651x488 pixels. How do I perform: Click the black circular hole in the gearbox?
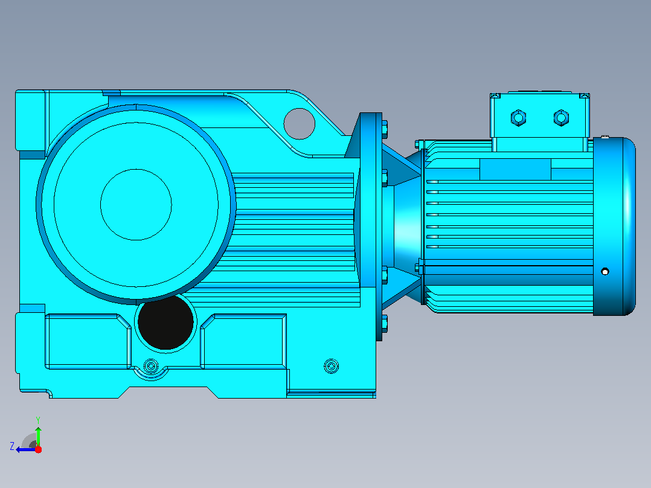pyautogui.click(x=165, y=323)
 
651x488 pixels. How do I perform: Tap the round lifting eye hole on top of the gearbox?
pyautogui.click(x=300, y=124)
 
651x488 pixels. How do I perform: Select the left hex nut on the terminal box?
pyautogui.click(x=518, y=118)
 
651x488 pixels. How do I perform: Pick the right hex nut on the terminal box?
pyautogui.click(x=562, y=118)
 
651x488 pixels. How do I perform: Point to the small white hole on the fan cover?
pyautogui.click(x=605, y=272)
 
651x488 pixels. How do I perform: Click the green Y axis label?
pyautogui.click(x=38, y=420)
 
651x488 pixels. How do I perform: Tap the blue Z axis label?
pyautogui.click(x=12, y=446)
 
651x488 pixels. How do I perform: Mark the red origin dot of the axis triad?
pyautogui.click(x=38, y=449)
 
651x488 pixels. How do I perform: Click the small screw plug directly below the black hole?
pyautogui.click(x=151, y=367)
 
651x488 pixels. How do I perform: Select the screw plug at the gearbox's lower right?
pyautogui.click(x=331, y=367)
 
